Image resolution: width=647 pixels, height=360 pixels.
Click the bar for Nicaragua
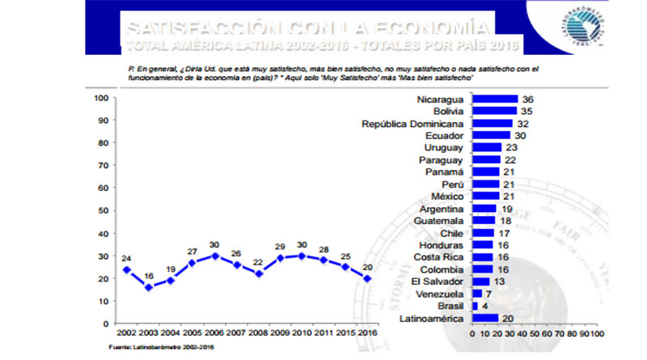tap(494, 100)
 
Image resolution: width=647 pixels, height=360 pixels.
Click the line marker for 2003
tap(147, 287)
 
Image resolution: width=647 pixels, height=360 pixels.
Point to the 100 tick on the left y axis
tap(102, 99)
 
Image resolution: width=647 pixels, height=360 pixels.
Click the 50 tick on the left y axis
tap(104, 210)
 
